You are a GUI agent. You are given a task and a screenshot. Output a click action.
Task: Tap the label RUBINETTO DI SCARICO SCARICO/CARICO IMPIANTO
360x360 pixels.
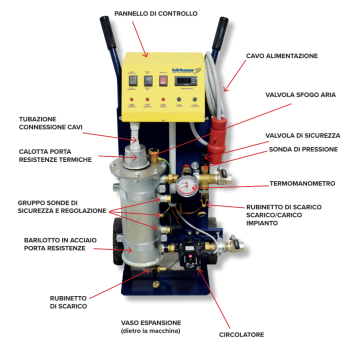pyautogui.click(x=310, y=219)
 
